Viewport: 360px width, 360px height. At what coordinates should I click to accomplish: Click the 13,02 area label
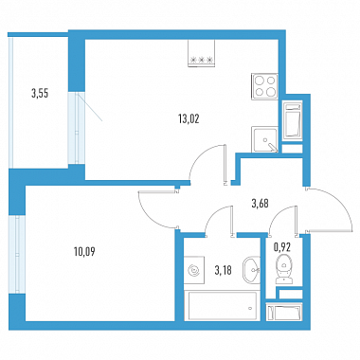[x=189, y=119]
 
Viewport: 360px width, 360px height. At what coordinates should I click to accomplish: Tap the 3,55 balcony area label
[x=40, y=94]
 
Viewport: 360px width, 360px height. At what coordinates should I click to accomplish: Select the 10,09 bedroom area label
[x=84, y=252]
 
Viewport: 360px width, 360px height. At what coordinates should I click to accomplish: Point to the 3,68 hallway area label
[x=260, y=204]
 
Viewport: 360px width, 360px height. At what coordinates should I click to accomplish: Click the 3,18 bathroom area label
[x=223, y=270]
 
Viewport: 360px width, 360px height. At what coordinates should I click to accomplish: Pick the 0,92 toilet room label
[x=281, y=247]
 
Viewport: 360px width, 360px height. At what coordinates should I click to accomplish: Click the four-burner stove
[x=265, y=86]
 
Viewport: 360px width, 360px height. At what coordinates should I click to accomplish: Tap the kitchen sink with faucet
[x=264, y=139]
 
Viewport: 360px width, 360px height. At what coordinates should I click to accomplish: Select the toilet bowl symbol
[x=284, y=269]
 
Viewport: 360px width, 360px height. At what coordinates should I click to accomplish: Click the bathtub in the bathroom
[x=223, y=306]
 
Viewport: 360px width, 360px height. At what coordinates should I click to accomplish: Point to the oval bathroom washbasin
[x=251, y=269]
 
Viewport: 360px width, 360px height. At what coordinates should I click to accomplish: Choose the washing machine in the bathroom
[x=194, y=270]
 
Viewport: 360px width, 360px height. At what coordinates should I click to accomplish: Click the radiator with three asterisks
[x=201, y=53]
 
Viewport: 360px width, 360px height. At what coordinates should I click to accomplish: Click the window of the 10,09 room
[x=16, y=255]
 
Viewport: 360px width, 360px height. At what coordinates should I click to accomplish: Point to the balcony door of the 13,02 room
[x=77, y=128]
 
